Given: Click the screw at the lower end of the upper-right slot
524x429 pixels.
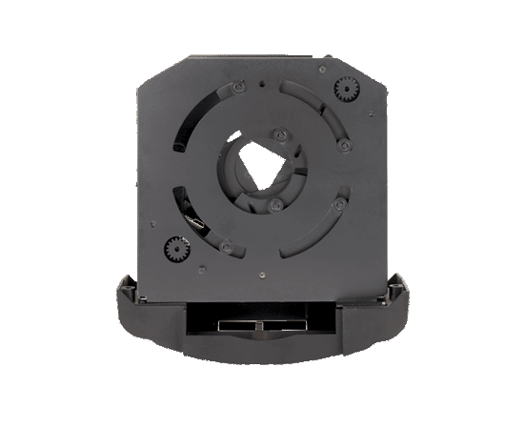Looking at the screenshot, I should (345, 146).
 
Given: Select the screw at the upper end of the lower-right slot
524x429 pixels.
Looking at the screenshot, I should (338, 204).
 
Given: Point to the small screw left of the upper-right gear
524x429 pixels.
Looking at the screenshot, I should (323, 69).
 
